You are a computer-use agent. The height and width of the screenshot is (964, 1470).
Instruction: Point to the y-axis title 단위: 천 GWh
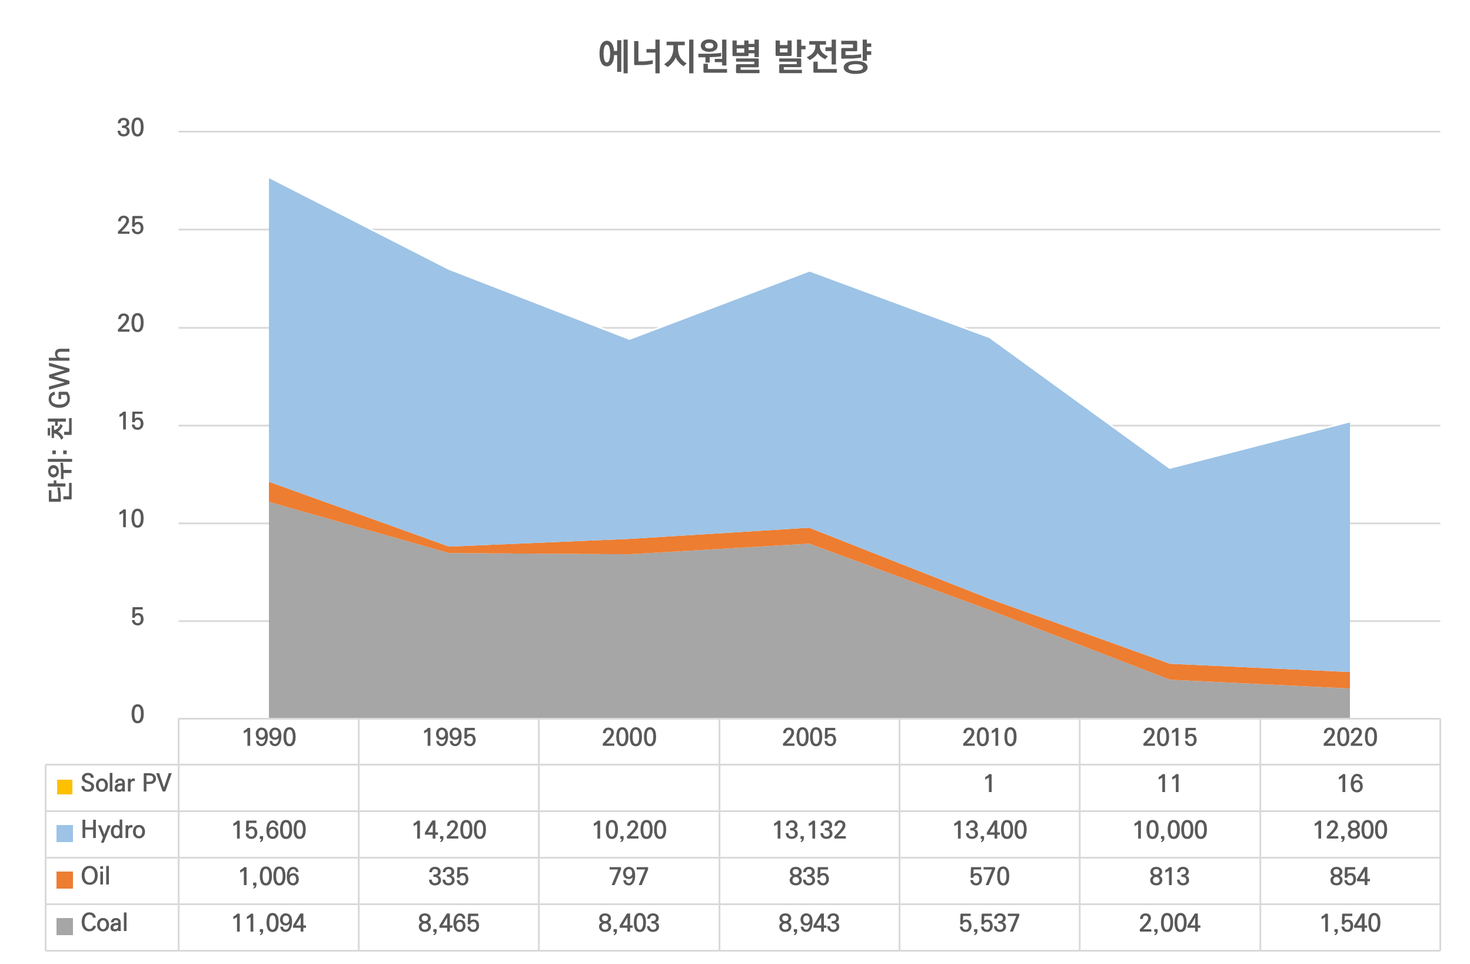pyautogui.click(x=60, y=425)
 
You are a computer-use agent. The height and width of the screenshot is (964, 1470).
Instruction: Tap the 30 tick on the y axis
pyautogui.click(x=130, y=128)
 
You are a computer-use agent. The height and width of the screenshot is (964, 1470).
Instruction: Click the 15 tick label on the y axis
pyautogui.click(x=130, y=423)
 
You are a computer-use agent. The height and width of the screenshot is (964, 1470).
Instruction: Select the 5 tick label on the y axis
pyautogui.click(x=137, y=618)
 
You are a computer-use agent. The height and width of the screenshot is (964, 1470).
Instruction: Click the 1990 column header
pyautogui.click(x=269, y=738)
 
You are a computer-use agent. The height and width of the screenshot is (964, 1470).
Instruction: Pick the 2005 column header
pyautogui.click(x=809, y=738)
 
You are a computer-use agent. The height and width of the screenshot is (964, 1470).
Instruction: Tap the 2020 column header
pyautogui.click(x=1349, y=738)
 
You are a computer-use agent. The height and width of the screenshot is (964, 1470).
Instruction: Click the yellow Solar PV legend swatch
pyautogui.click(x=64, y=787)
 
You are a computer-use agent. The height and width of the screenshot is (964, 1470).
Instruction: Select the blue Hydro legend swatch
pyautogui.click(x=64, y=833)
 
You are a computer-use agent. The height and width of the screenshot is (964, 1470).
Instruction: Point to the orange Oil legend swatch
pyautogui.click(x=64, y=879)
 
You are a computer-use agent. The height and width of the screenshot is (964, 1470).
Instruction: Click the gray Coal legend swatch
pyautogui.click(x=64, y=926)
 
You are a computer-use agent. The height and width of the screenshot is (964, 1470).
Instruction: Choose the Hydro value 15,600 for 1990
pyautogui.click(x=269, y=830)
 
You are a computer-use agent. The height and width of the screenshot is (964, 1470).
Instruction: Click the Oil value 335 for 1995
pyautogui.click(x=449, y=877)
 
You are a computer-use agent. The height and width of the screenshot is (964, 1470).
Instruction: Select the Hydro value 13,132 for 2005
pyautogui.click(x=809, y=830)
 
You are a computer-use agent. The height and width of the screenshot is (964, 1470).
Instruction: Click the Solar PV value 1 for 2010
pyautogui.click(x=989, y=784)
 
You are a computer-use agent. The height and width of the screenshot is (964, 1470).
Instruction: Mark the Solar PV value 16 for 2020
pyautogui.click(x=1349, y=784)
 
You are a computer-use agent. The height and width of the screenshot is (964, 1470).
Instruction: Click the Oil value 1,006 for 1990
pyautogui.click(x=269, y=877)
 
